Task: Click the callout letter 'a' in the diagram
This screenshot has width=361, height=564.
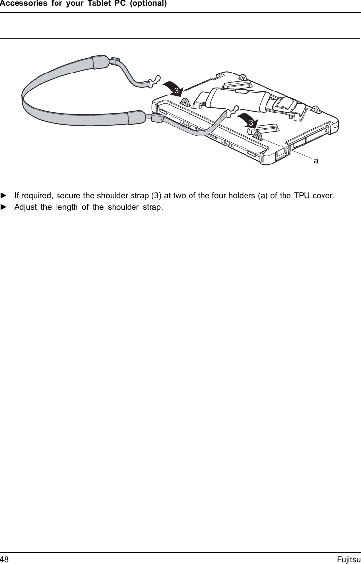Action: [x=316, y=160]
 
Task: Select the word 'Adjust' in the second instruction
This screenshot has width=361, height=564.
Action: [x=25, y=208]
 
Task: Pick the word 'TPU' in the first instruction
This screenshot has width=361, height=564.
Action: [x=303, y=196]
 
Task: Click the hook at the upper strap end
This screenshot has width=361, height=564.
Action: [x=155, y=81]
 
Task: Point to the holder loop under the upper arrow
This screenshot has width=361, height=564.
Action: [x=185, y=102]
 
